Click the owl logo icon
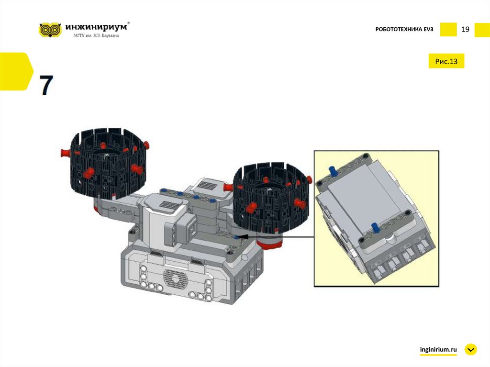(50, 30)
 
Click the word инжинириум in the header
(96, 27)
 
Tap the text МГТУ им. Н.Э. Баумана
(96, 35)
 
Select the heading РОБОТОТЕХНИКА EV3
(404, 29)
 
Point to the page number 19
(465, 29)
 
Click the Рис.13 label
(446, 61)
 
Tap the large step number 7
(46, 85)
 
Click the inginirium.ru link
(438, 349)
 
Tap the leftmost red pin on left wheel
(65, 153)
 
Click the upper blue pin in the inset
(332, 171)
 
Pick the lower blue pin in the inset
(374, 228)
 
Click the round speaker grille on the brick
(175, 279)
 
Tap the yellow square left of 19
(448, 30)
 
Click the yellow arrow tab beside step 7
(16, 72)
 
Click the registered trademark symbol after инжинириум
(129, 23)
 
